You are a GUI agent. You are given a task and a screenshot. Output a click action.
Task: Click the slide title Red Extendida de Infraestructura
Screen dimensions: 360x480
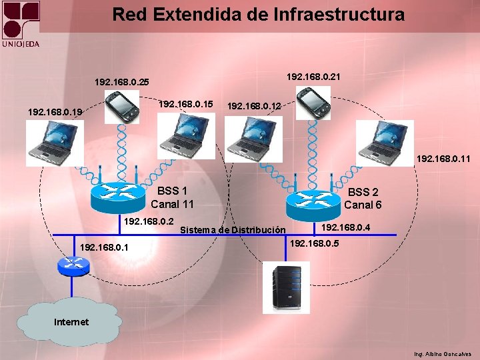(x=258, y=15)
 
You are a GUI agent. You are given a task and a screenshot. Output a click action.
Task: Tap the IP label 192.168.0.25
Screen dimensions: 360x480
(x=122, y=83)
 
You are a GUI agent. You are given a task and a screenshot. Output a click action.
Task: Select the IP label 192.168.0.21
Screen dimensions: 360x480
(x=313, y=77)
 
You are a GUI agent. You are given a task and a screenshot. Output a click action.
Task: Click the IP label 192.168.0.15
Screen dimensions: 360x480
(x=185, y=104)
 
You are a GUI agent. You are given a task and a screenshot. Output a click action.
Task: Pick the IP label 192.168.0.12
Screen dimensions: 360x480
(x=254, y=105)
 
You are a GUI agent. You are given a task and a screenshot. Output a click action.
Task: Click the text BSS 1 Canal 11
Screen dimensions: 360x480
(x=172, y=197)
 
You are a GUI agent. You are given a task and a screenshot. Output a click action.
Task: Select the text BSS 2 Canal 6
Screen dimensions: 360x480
(x=363, y=199)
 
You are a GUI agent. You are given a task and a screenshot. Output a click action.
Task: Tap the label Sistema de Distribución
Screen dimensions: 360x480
(x=233, y=230)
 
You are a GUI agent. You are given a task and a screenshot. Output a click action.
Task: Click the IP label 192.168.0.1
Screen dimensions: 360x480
(x=103, y=248)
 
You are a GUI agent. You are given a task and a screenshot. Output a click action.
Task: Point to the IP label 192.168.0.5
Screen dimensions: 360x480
(x=315, y=243)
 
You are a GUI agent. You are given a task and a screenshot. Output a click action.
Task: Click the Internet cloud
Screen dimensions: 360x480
(x=71, y=323)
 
